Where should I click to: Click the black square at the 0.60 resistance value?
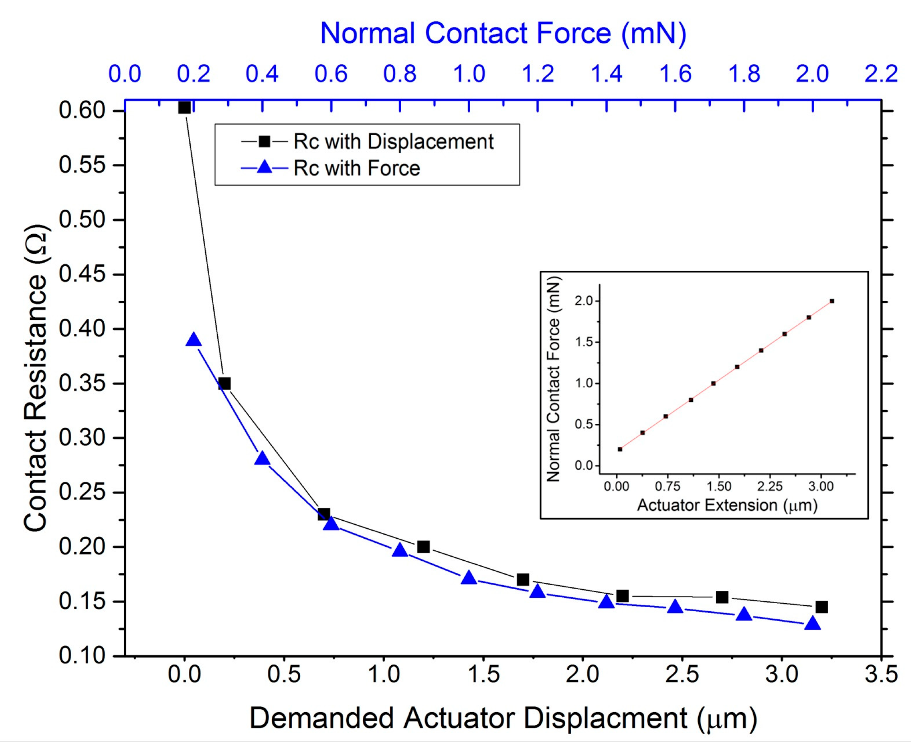184,108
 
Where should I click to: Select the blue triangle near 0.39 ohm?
193,340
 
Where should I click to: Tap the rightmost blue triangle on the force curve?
812,624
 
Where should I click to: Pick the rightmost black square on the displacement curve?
821,607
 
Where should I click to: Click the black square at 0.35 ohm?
224,384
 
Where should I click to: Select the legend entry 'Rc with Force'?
356,168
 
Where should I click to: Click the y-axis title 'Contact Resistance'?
36,378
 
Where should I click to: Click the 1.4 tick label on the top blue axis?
606,74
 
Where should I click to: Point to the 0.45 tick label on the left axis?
82,274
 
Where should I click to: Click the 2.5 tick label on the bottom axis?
682,674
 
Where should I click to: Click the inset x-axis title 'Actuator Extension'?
727,505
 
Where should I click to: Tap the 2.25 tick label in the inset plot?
769,486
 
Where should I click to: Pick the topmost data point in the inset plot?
832,301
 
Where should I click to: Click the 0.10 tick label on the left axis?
82,656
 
